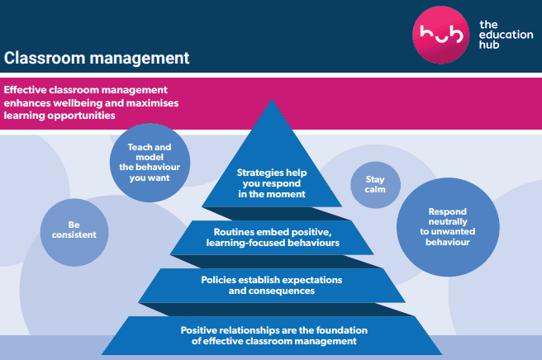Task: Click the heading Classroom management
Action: coord(97,59)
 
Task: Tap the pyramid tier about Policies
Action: coord(271,285)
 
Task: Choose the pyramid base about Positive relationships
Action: coord(271,334)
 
